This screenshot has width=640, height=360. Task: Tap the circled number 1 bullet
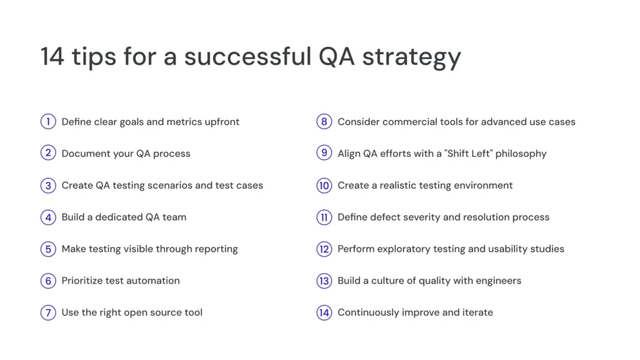[x=48, y=122]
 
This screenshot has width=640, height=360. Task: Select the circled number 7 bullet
[x=48, y=312]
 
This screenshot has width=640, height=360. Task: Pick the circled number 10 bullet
[x=324, y=186]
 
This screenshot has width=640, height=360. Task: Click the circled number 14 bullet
[x=324, y=312]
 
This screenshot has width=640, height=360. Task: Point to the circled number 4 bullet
[x=48, y=217]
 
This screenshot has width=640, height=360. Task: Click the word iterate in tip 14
[x=476, y=312]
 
